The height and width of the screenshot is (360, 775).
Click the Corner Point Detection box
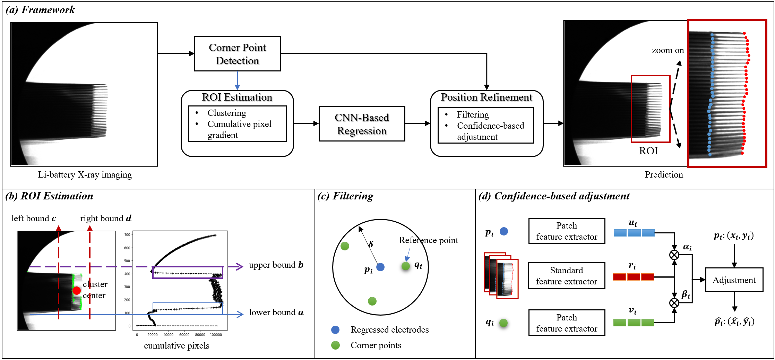pyautogui.click(x=237, y=54)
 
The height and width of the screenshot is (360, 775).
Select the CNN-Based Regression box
pyautogui.click(x=362, y=124)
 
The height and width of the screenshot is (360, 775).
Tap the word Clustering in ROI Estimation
pyautogui.click(x=227, y=113)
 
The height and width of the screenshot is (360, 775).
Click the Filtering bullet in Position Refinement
pyautogui.click(x=473, y=114)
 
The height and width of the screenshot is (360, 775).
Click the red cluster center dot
pyautogui.click(x=77, y=290)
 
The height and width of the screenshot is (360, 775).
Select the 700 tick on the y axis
pyautogui.click(x=128, y=235)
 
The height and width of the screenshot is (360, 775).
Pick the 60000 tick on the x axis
pyautogui.click(x=184, y=335)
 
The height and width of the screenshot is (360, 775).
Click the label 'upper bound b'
pyautogui.click(x=276, y=265)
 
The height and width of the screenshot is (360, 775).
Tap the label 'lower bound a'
pyautogui.click(x=276, y=312)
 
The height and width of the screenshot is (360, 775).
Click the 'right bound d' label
pyautogui.click(x=106, y=218)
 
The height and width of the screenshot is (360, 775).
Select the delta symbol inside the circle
pyautogui.click(x=371, y=244)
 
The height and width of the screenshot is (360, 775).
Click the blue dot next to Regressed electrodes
pyautogui.click(x=335, y=330)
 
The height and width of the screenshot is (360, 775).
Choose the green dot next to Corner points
pyautogui.click(x=335, y=345)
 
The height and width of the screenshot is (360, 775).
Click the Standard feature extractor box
pyautogui.click(x=567, y=276)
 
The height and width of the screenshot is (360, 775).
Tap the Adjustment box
pyautogui.click(x=734, y=280)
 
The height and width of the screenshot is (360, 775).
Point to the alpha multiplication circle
pyautogui.click(x=674, y=255)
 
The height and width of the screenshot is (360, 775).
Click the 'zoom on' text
pyautogui.click(x=668, y=50)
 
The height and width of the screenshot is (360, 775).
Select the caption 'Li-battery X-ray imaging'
pyautogui.click(x=85, y=175)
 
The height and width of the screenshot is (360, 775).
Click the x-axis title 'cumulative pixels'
pyautogui.click(x=176, y=346)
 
